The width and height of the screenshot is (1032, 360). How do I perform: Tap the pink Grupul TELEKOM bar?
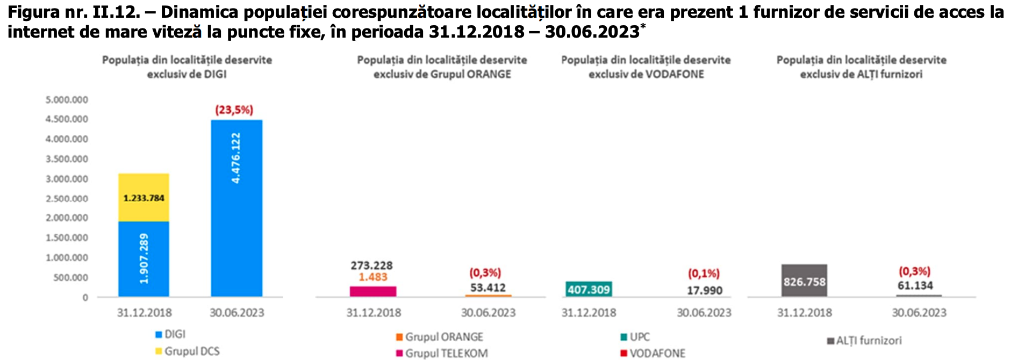pos(373,291)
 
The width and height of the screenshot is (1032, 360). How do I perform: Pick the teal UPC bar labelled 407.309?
pos(589,290)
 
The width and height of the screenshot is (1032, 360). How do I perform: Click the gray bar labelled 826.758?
pos(804,280)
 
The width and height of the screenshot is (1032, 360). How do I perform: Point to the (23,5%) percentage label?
pos(234,110)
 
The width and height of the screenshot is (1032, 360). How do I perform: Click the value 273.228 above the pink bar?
pos(371,265)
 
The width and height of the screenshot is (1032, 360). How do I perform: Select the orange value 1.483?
pos(373,277)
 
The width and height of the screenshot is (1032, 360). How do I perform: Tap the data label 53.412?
pos(488,287)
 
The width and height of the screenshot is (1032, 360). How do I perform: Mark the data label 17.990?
pos(704,290)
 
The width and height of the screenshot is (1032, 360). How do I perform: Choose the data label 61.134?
pos(915,286)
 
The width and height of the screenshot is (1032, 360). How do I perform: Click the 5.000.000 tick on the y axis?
pos(67,100)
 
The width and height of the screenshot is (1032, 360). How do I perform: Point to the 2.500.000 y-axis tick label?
pos(67,199)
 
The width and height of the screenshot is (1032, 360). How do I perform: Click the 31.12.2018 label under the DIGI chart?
pos(144,313)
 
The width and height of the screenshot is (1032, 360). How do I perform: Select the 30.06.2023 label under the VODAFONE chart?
pos(704,313)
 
